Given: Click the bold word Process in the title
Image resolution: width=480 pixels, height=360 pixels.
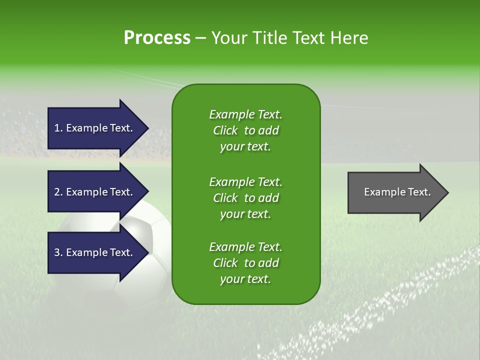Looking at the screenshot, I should coord(157,38).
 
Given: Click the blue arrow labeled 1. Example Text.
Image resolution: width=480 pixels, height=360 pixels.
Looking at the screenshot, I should coord(95,128).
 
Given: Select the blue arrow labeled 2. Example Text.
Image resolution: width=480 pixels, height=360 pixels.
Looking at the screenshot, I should coord(95,192).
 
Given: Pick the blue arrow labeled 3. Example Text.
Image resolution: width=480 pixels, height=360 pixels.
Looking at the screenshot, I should coord(95,252).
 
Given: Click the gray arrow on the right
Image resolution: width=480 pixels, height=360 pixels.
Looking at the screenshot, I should coord(395,192).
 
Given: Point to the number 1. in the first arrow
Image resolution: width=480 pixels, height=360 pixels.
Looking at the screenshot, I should coord(58,128).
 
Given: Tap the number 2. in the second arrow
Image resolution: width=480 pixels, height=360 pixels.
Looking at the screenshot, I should coord(58,192).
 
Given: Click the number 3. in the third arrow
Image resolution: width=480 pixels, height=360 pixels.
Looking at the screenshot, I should coord(58,252).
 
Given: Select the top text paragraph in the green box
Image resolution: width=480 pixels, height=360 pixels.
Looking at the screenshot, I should coord(245,130).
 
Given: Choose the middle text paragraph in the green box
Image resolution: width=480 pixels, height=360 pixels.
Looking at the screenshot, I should coord(245,198).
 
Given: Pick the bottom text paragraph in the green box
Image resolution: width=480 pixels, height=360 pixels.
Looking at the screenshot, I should coord(245,263).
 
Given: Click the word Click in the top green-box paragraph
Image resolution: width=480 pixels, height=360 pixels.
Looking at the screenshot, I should coord(225,130).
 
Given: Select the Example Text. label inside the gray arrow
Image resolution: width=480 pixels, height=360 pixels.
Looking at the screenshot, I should coord(397,192).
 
